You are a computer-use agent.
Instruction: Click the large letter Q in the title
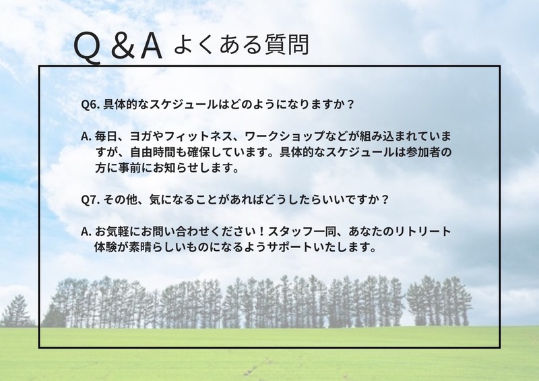coord(88,48)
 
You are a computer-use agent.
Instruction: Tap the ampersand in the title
coord(123,46)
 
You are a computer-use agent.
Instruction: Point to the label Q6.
coord(90,105)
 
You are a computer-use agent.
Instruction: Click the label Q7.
coord(90,200)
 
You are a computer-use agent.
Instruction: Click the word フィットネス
coord(193,136)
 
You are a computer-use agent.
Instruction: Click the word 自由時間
coord(153,152)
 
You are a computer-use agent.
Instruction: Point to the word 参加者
coord(422,152)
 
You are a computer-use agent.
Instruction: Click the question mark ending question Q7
coord(385,200)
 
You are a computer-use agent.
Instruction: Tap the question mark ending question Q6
coord(350,105)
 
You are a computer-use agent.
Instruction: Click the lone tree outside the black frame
coord(18,311)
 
